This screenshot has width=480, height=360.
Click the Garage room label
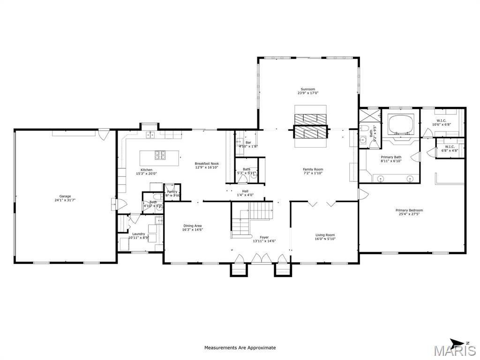[65, 196]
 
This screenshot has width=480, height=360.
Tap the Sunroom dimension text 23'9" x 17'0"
[307, 93]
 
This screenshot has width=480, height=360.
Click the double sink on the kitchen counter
[150, 135]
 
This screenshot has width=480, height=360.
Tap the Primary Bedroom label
[409, 210]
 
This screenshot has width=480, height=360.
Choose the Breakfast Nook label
[207, 164]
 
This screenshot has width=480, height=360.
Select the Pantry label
[172, 192]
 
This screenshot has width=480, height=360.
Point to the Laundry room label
[138, 234]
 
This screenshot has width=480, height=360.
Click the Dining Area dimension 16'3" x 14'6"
[192, 230]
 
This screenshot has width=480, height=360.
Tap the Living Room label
[325, 235]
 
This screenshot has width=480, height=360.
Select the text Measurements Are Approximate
[240, 348]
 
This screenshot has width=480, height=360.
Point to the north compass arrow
[457, 342]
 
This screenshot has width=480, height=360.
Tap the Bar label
[248, 142]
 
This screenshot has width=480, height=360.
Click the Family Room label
[313, 170]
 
